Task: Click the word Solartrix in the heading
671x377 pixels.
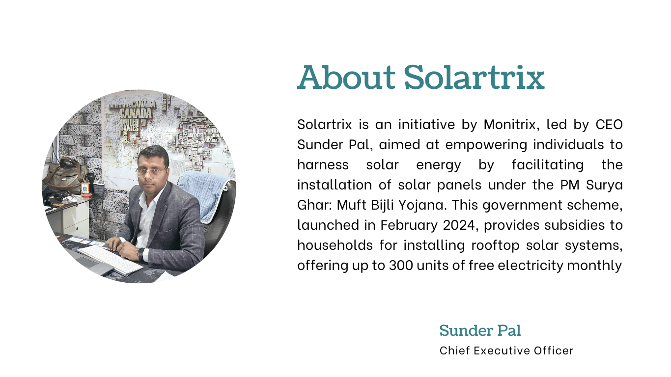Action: click(x=474, y=77)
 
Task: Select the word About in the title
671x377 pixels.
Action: click(x=346, y=77)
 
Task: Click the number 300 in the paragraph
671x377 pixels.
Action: click(x=401, y=266)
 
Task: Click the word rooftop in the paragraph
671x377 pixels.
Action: click(x=495, y=246)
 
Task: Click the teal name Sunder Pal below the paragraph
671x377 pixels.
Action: click(x=480, y=330)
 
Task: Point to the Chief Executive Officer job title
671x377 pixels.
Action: click(x=506, y=350)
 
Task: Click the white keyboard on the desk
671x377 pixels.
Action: click(x=110, y=259)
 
